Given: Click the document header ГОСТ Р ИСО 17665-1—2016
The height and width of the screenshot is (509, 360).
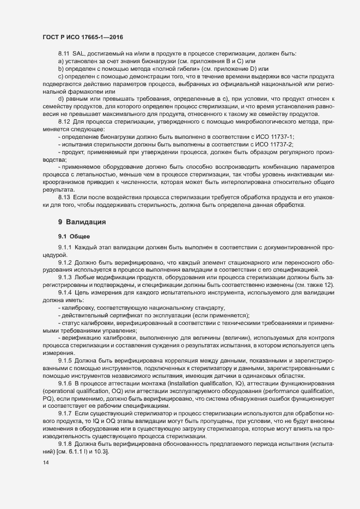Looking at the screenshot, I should pyautogui.click(x=82, y=37).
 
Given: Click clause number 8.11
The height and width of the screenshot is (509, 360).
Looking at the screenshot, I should pyautogui.click(x=64, y=53).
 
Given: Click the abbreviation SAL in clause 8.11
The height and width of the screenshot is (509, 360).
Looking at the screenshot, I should pyautogui.click(x=80, y=53).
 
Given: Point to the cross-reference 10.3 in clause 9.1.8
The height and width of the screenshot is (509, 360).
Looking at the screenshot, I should pyautogui.click(x=101, y=452).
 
